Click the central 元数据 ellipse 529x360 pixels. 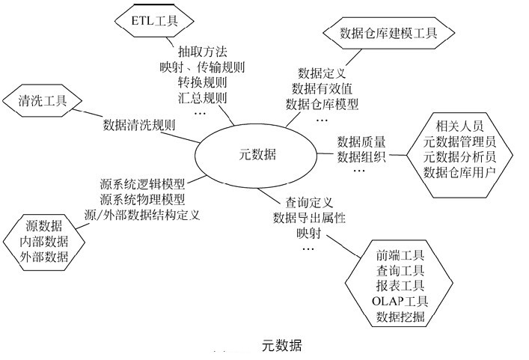click(254, 155)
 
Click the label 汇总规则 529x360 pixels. click(202, 97)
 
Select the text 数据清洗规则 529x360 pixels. click(139, 124)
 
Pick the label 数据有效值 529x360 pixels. click(321, 88)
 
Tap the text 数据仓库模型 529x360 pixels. click(322, 103)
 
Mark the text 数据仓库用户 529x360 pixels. click(459, 172)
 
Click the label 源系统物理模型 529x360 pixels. click(143, 199)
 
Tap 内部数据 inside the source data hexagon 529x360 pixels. click(46, 241)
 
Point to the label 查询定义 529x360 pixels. click(309, 203)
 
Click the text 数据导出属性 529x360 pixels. click(314, 218)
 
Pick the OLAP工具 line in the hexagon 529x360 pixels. click(400, 302)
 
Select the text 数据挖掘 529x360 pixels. click(400, 318)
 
